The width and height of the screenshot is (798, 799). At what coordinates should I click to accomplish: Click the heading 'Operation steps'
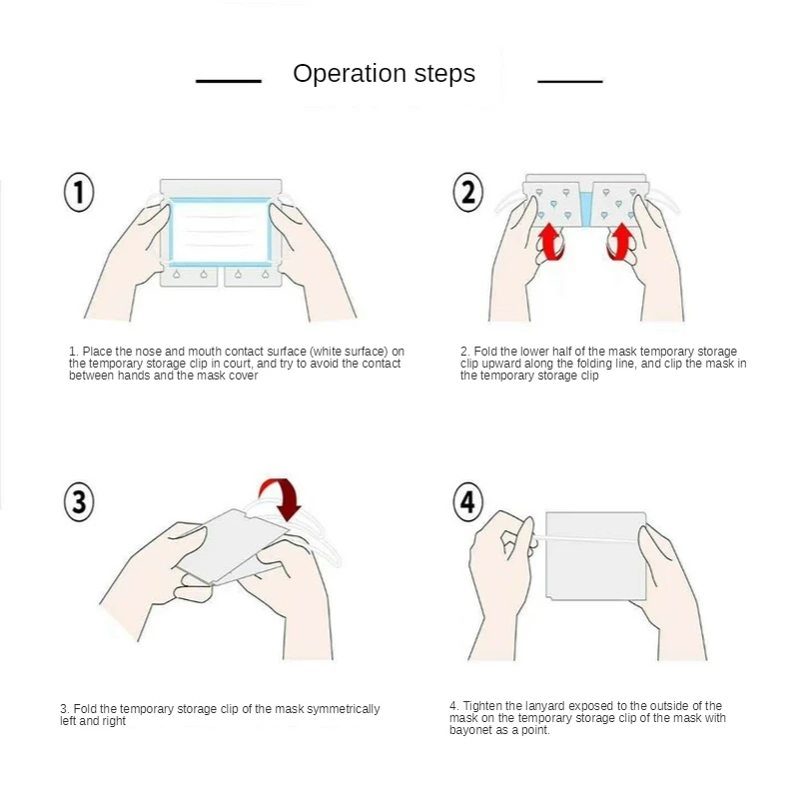click(384, 73)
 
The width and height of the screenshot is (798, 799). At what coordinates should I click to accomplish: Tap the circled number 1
click(79, 192)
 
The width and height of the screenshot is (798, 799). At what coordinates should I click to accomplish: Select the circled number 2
click(467, 192)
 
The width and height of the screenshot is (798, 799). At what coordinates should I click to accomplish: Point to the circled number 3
click(79, 501)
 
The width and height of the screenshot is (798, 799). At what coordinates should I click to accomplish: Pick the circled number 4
click(467, 501)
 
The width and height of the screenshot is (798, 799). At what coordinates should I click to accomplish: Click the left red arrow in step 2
click(550, 243)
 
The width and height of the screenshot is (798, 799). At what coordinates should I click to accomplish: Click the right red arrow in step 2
click(620, 243)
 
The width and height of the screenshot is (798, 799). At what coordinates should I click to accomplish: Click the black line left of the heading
click(229, 81)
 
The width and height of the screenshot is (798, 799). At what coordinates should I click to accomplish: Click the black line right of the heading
click(570, 81)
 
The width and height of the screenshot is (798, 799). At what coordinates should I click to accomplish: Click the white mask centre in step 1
click(221, 232)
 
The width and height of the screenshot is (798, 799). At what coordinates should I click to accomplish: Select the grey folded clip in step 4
click(595, 556)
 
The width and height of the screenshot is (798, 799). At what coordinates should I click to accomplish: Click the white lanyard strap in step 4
click(586, 538)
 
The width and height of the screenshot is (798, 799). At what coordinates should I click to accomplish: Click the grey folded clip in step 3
click(232, 546)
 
